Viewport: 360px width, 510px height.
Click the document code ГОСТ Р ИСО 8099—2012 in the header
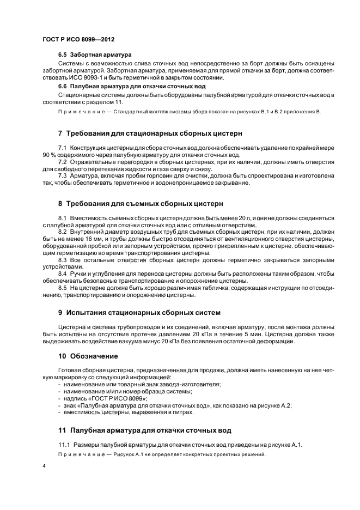point(78,40)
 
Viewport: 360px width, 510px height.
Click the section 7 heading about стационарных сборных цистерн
point(150,133)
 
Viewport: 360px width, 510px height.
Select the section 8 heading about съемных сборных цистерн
point(141,204)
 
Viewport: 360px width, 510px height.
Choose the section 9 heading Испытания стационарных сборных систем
point(139,313)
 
